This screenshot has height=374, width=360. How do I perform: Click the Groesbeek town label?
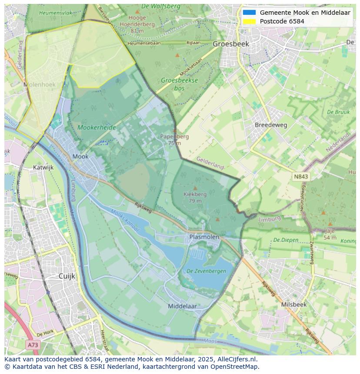pyautogui.click(x=230, y=44)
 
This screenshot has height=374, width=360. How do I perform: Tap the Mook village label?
pyautogui.click(x=80, y=156)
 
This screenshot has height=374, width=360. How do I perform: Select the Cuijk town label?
pyautogui.click(x=67, y=276)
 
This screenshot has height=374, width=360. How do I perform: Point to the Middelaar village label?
pyautogui.click(x=182, y=306)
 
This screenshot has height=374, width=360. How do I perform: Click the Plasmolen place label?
pyautogui.click(x=204, y=237)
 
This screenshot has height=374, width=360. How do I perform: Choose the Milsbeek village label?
pyautogui.click(x=293, y=304)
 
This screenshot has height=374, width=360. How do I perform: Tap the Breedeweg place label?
pyautogui.click(x=271, y=125)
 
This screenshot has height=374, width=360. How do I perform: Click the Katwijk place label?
pyautogui.click(x=43, y=167)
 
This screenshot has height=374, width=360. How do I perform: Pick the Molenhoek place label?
pyautogui.click(x=40, y=85)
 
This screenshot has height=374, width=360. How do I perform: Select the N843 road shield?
pyautogui.click(x=301, y=176)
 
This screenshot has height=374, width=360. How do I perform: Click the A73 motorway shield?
pyautogui.click(x=33, y=345)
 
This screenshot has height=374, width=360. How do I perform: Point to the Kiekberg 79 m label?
pyautogui.click(x=195, y=197)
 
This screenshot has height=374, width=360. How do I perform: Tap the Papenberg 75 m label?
pyautogui.click(x=174, y=139)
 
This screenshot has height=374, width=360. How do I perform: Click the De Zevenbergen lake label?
pyautogui.click(x=206, y=271)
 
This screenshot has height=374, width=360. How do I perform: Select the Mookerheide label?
pyautogui.click(x=97, y=127)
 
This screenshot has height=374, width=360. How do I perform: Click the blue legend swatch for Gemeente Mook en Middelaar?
pyautogui.click(x=249, y=13)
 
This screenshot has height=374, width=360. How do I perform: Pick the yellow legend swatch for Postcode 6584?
pyautogui.click(x=249, y=21)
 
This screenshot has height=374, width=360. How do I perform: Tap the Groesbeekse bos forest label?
pyautogui.click(x=179, y=84)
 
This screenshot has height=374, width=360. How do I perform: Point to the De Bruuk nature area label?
pyautogui.click(x=338, y=112)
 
